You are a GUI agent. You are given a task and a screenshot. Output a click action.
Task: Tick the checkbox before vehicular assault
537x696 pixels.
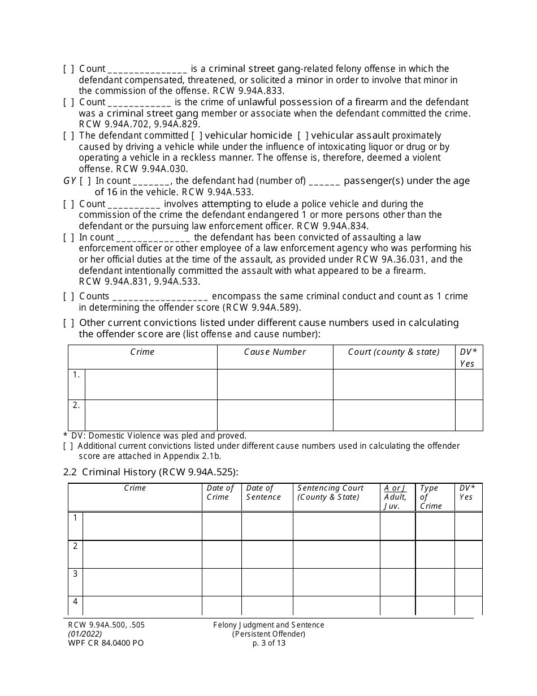coord(302,136)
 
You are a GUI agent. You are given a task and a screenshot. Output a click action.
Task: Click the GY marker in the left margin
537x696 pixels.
coord(69,181)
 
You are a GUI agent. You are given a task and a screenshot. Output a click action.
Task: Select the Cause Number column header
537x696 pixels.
coord(275,352)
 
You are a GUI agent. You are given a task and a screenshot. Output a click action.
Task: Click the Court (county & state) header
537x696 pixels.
coord(393,352)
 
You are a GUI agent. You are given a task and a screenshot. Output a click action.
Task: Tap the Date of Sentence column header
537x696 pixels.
coord(263,492)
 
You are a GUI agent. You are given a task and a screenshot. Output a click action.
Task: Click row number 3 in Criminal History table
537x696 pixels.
coord(75,574)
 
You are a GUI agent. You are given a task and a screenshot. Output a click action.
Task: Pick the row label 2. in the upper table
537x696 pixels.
coord(76,405)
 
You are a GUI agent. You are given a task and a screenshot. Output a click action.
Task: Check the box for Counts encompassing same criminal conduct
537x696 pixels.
coord(68,297)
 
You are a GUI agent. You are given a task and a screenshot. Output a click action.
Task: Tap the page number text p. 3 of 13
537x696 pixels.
coord(268,643)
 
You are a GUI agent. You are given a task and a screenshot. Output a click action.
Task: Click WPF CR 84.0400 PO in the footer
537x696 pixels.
coord(103,643)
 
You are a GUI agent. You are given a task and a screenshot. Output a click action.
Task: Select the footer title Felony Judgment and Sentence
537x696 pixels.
coord(268,625)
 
